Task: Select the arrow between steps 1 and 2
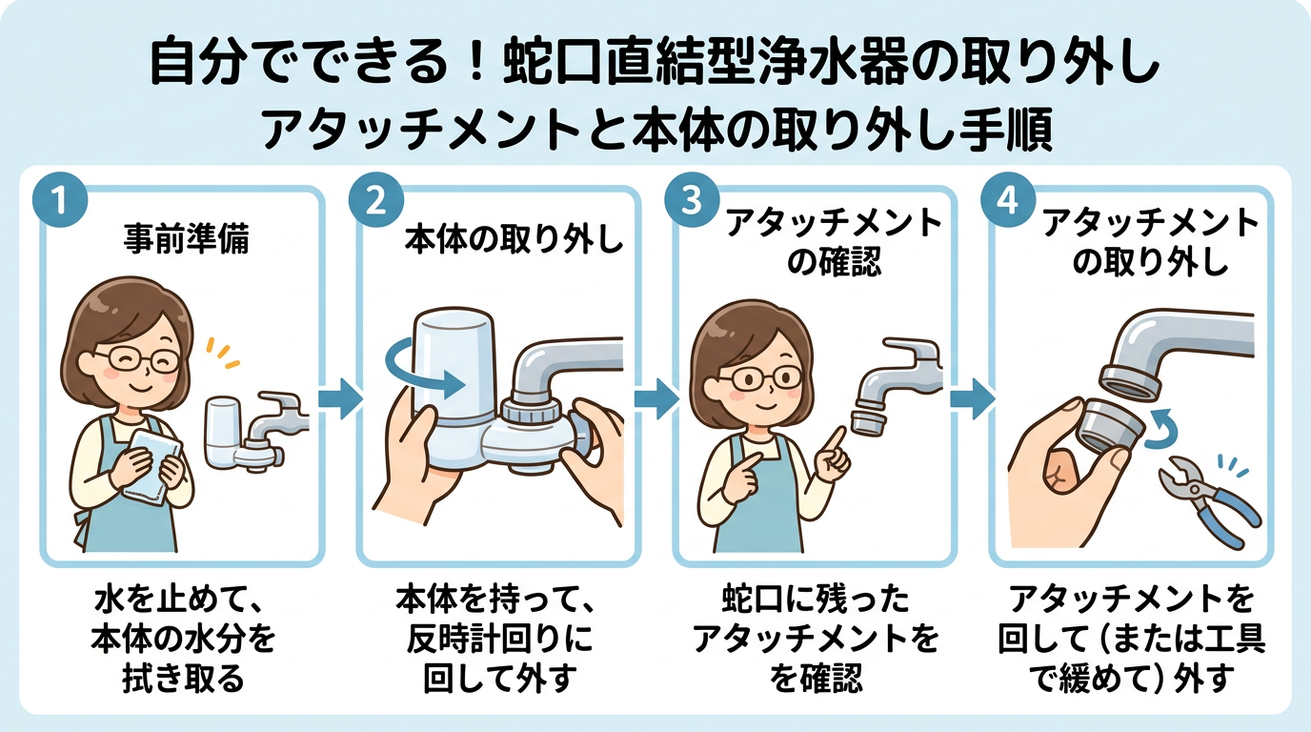point(340,398)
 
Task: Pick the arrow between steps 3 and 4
point(972,398)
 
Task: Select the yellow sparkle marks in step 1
point(225,355)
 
